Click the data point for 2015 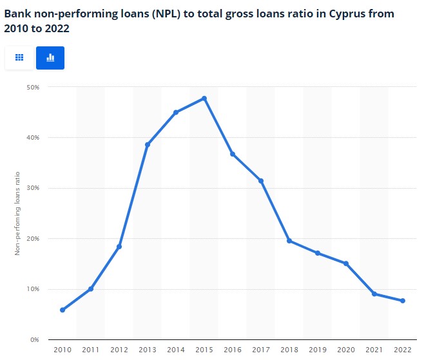tap(204, 99)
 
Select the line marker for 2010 tap(63, 310)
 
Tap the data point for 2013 tap(148, 145)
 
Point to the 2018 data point tap(289, 241)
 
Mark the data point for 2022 tap(403, 301)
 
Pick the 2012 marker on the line tap(119, 247)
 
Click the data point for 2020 tap(346, 263)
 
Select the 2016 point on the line tap(233, 154)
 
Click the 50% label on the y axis tap(33, 87)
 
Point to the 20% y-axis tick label tap(33, 238)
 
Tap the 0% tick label tap(35, 339)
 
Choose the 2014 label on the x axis tap(176, 350)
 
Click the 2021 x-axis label tap(374, 350)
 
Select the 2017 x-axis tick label tap(261, 350)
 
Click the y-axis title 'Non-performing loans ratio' tap(17, 213)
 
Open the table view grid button tap(19, 58)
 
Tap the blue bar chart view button tap(50, 58)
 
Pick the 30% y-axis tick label tap(33, 188)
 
